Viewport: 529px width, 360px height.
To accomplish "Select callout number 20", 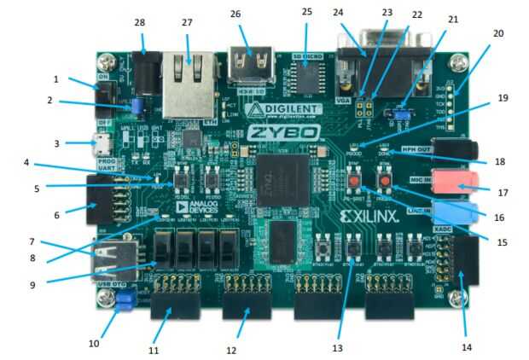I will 498,33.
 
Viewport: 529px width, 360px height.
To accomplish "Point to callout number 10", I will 93,344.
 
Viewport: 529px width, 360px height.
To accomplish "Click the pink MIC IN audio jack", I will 457,181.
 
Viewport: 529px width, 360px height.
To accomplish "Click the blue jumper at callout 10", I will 126,299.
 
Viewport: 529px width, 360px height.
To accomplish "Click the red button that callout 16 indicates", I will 385,182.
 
